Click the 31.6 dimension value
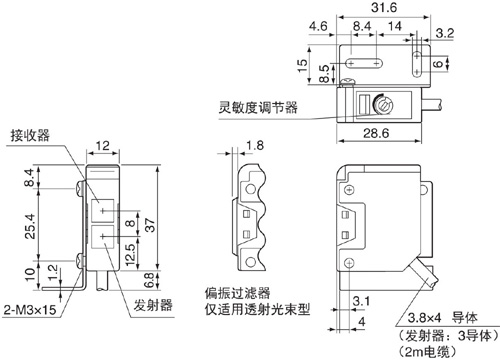click(384, 7)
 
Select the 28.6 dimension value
click(376, 133)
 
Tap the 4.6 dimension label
click(318, 26)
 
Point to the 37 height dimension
click(150, 225)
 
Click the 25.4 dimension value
click(30, 226)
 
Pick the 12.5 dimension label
click(130, 255)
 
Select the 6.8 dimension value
click(149, 280)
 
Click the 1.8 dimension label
click(255, 145)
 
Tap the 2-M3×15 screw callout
click(30, 310)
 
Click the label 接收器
click(30, 135)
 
